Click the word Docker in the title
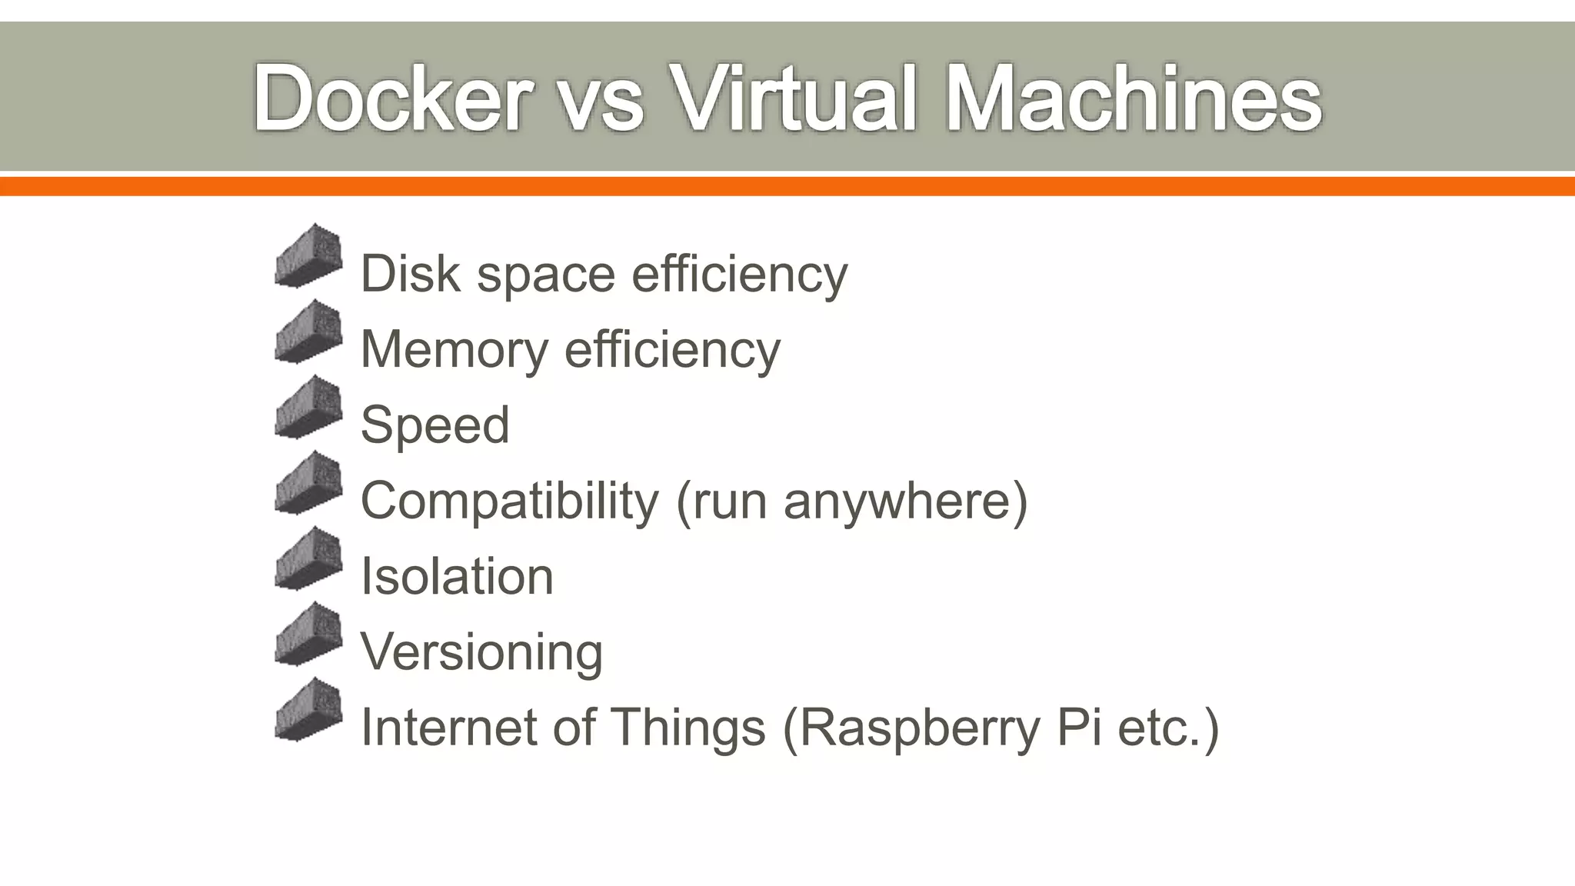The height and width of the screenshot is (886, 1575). click(x=392, y=98)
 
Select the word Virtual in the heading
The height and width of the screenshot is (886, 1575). click(x=793, y=98)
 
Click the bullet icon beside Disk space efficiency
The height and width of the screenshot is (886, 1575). click(x=308, y=256)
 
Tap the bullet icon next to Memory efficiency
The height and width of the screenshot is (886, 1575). click(x=308, y=331)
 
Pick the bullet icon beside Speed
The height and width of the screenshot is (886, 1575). click(x=308, y=408)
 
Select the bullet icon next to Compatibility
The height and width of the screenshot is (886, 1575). click(x=308, y=483)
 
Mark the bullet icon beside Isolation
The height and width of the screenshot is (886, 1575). click(x=308, y=559)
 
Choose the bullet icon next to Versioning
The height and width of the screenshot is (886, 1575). click(x=308, y=635)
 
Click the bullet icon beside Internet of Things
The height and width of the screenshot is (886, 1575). click(x=308, y=710)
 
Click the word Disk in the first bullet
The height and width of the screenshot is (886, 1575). click(x=411, y=273)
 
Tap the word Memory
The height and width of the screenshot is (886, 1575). click(x=454, y=350)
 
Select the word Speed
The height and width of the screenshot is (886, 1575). click(x=435, y=425)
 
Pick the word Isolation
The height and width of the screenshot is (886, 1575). click(x=457, y=576)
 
